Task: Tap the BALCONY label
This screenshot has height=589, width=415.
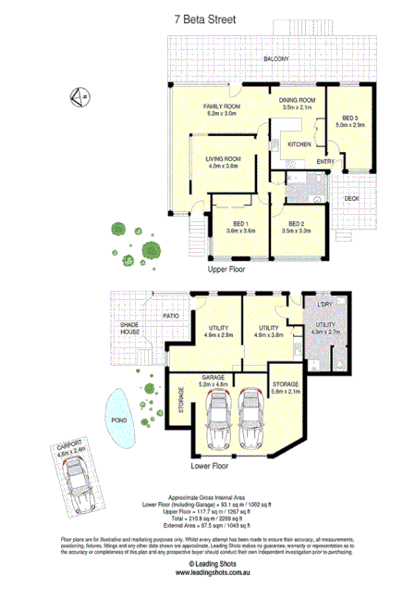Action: [x=275, y=59]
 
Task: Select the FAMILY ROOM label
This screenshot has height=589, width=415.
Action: [x=222, y=107]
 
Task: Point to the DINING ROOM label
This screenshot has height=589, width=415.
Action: [x=298, y=100]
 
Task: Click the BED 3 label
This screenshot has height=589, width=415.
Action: [x=349, y=118]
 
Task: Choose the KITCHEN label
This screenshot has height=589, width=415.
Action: [x=299, y=145]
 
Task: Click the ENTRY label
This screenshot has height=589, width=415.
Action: [x=324, y=162]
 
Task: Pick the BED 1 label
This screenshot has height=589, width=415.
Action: [x=239, y=224]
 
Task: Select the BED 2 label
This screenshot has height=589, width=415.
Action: [x=297, y=224]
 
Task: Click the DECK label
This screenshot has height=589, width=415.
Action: [x=351, y=198]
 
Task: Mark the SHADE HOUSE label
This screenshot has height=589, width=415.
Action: [x=128, y=329]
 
